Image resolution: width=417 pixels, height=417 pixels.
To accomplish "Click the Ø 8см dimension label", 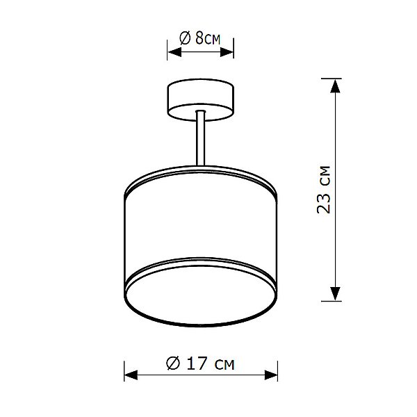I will [200, 38].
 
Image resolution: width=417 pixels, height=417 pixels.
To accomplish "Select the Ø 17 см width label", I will [200, 363].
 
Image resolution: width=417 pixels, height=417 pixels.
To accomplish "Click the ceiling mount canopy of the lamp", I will [200, 97].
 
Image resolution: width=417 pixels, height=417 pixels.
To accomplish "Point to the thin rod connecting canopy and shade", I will [200, 142].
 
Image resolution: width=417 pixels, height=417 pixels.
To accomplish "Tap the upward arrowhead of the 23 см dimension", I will [335, 86].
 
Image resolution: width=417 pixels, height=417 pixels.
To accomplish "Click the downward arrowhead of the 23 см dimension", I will [335, 294].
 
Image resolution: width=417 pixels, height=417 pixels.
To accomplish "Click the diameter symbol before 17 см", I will [174, 363].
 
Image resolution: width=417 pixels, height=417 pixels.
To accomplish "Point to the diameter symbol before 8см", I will [186, 38].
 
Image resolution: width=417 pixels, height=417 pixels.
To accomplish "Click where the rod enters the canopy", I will [200, 113].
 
